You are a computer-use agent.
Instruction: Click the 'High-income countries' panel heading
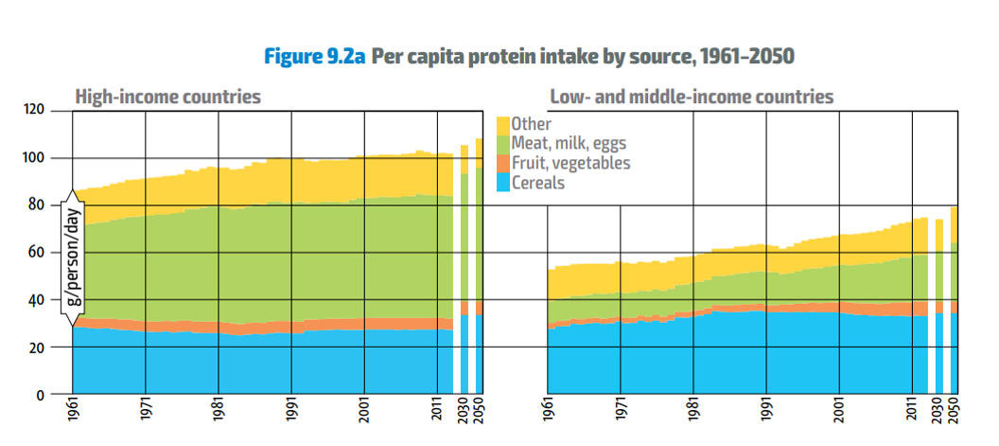click(x=167, y=97)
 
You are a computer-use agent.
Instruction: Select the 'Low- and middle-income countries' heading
click(x=692, y=97)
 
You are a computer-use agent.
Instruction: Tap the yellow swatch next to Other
click(x=503, y=124)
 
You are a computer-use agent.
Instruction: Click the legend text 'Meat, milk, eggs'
click(x=569, y=143)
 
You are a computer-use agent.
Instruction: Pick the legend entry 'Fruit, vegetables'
click(x=570, y=163)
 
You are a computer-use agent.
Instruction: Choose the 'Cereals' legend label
click(x=537, y=183)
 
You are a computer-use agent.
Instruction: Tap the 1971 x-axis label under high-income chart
click(x=146, y=416)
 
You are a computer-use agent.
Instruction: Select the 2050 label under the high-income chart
click(x=479, y=416)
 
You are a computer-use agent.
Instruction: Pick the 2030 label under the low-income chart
click(x=938, y=416)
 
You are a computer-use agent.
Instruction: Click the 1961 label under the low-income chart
click(x=549, y=416)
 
